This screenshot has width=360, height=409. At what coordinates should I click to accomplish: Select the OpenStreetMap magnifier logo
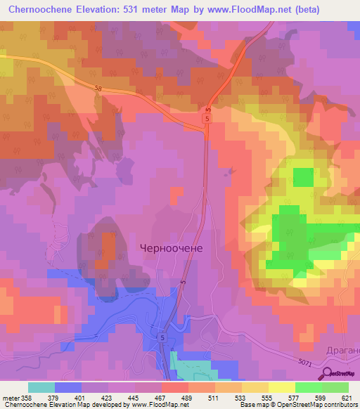coord(328,372)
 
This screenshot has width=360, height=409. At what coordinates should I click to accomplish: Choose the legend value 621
coord(345,398)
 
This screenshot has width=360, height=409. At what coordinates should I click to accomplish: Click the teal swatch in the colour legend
coord(41,387)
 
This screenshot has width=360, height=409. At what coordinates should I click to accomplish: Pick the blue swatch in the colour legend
coord(68,387)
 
